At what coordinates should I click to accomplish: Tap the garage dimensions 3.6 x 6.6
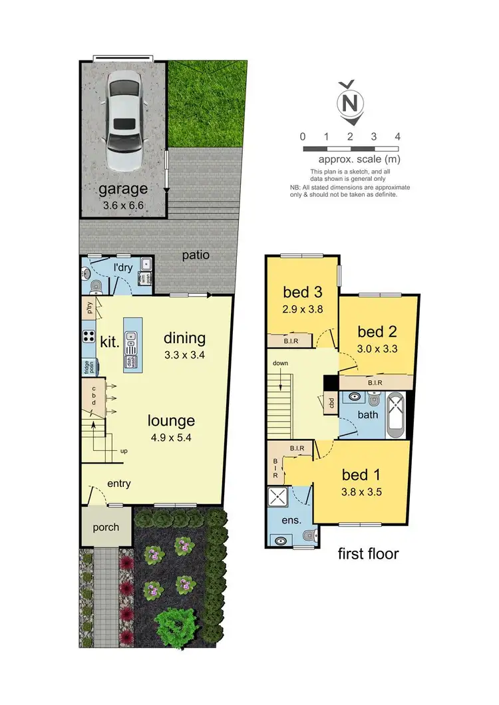tap(123, 206)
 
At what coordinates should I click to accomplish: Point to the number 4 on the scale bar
tap(397, 136)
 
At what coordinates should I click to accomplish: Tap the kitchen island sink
tap(131, 340)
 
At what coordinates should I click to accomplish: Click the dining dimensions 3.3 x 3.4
tap(184, 355)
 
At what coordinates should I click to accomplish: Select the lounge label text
tap(172, 420)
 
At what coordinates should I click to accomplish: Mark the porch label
tap(106, 527)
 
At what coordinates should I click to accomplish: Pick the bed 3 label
tap(296, 292)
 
